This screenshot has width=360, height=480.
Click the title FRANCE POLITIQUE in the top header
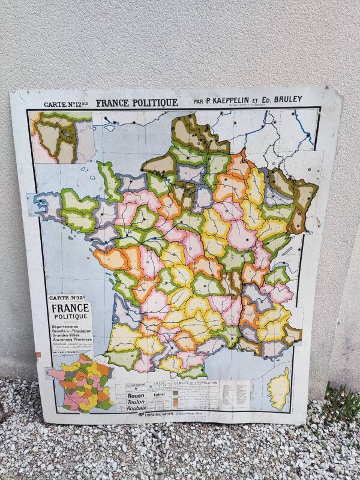point(136,102)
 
